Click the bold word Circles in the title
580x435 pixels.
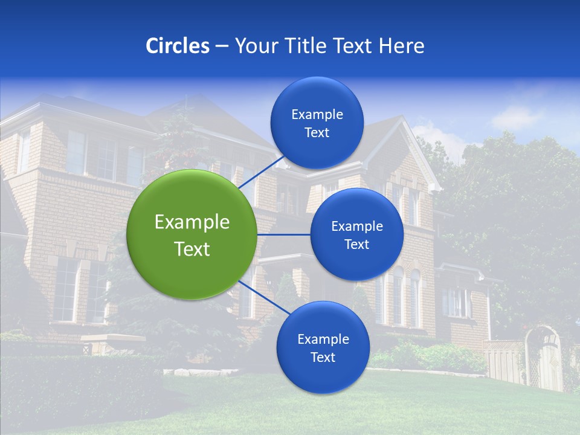pyautogui.click(x=177, y=46)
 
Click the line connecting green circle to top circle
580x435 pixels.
pyautogui.click(x=261, y=172)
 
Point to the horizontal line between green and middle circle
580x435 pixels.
pyautogui.click(x=283, y=234)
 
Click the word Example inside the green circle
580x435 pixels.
pyautogui.click(x=192, y=222)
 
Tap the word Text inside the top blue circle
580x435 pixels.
pyautogui.click(x=317, y=133)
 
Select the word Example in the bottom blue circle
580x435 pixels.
pyautogui.click(x=323, y=340)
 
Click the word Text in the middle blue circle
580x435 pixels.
pyautogui.click(x=356, y=245)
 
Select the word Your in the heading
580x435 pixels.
pyautogui.click(x=256, y=46)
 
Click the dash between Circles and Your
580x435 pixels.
pyautogui.click(x=222, y=46)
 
